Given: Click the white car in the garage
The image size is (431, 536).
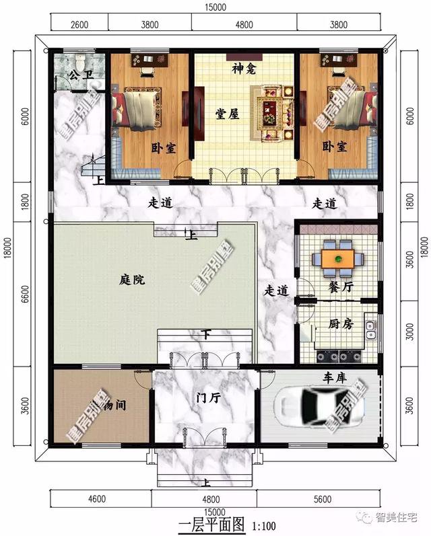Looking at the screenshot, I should coord(317,404).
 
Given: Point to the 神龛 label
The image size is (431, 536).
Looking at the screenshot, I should coord(243,69).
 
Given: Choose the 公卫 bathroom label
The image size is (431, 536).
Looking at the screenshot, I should coord(79,77).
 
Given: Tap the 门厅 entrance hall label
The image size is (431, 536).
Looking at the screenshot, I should coord(206,397).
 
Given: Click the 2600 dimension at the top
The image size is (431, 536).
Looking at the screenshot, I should coord(79,26).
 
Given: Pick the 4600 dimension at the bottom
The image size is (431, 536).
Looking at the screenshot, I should coord(98,499).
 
